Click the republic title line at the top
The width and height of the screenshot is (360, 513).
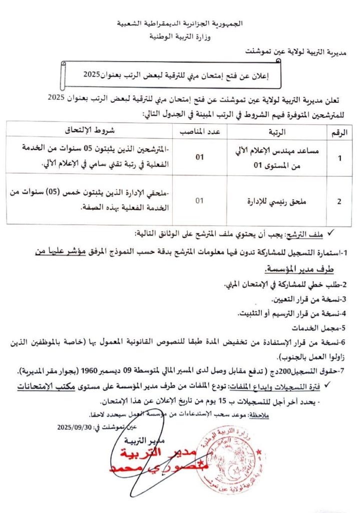(180, 24)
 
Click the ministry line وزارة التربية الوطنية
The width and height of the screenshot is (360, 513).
(180, 37)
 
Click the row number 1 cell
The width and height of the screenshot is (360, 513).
(340, 158)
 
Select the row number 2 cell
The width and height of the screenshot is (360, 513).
(339, 201)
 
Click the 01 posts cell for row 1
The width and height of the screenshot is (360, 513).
(200, 158)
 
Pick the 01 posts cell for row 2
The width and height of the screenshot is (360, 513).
(200, 201)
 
